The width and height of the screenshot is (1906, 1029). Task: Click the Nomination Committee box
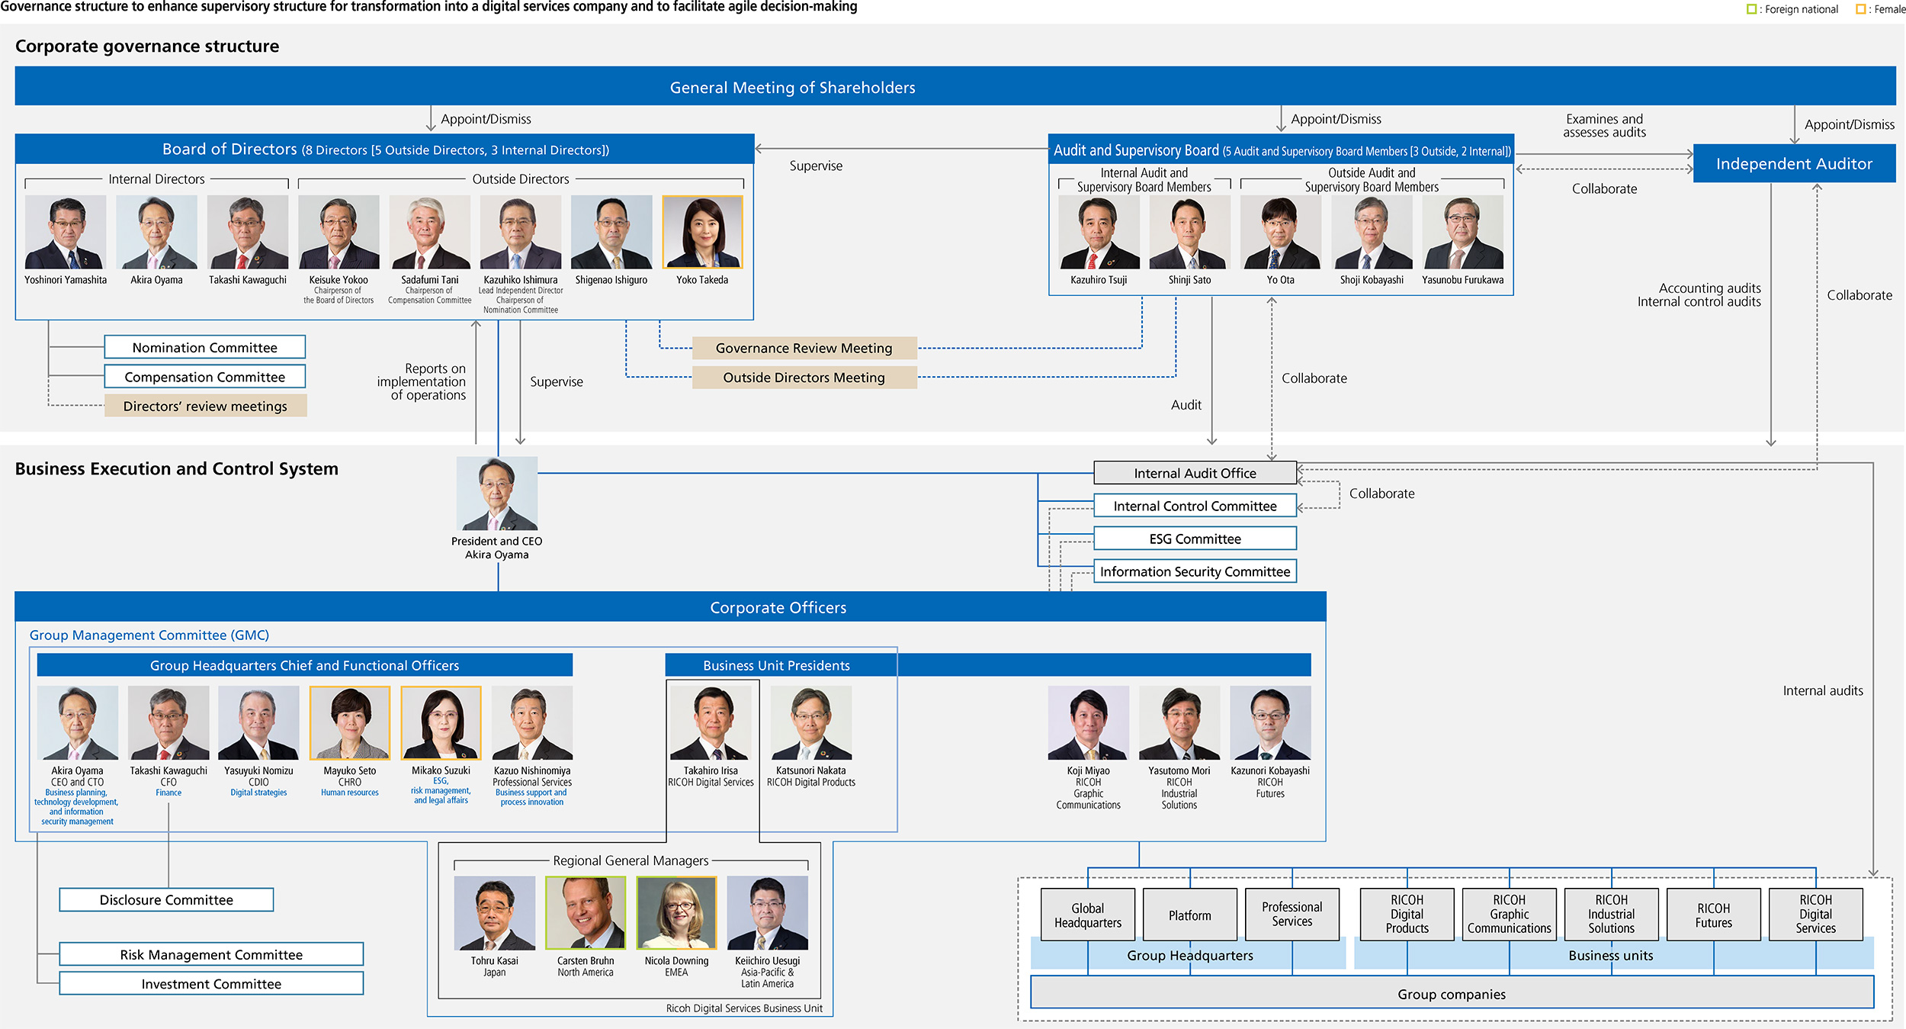tap(204, 347)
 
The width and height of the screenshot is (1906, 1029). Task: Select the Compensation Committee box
tap(204, 377)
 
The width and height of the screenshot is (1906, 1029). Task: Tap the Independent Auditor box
tap(1793, 164)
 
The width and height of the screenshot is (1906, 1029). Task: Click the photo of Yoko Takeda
tap(702, 232)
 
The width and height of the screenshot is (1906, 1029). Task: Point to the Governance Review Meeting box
tap(804, 348)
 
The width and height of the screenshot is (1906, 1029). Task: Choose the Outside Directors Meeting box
tap(804, 378)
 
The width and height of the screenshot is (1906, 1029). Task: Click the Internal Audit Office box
tap(1195, 473)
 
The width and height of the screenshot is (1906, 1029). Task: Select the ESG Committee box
tap(1195, 539)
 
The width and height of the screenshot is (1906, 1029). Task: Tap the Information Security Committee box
tap(1195, 571)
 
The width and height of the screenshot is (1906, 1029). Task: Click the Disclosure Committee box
tap(166, 899)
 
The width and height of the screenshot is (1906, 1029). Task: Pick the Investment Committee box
tap(211, 984)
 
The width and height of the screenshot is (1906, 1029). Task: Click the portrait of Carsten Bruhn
tap(586, 912)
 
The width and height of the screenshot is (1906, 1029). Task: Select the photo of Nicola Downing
tap(676, 912)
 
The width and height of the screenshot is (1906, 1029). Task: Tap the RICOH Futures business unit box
tap(1713, 915)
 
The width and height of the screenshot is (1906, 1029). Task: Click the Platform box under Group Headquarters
tap(1189, 915)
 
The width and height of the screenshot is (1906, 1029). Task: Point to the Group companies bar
tap(1451, 994)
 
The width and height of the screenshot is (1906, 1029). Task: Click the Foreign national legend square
tap(1751, 9)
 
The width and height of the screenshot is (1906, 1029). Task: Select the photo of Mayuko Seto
tap(350, 722)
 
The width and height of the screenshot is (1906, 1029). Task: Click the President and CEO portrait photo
tap(497, 494)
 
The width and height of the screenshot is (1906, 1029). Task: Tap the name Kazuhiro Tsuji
tap(1099, 280)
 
